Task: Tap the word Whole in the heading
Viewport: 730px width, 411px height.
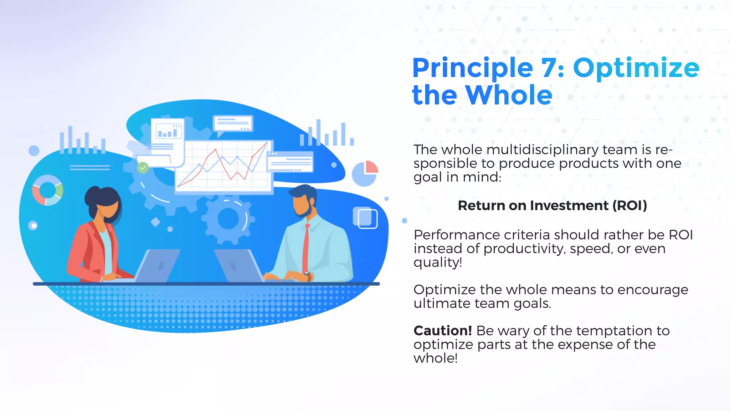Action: [509, 95]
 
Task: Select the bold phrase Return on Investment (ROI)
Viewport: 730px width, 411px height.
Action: [552, 205]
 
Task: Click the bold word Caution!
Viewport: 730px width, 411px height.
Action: [443, 331]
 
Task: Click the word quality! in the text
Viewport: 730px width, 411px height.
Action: [438, 262]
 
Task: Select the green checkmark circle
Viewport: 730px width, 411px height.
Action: [143, 168]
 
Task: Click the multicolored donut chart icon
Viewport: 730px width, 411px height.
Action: [47, 190]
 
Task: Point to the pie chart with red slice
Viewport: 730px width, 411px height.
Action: [365, 173]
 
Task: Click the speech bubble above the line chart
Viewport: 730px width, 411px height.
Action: [233, 124]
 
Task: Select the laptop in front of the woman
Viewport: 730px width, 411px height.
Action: [157, 266]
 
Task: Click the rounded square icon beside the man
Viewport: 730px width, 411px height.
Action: [365, 217]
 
